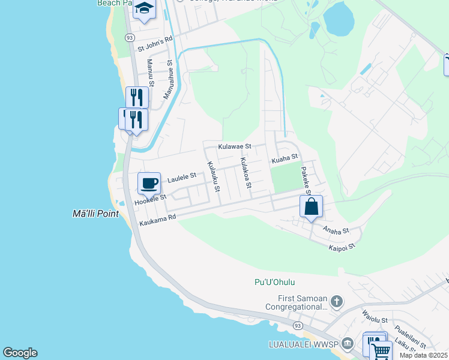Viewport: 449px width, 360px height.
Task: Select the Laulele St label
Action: tap(182, 177)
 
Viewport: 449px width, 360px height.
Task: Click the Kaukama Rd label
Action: tap(157, 221)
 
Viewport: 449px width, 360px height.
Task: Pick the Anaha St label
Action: tap(336, 230)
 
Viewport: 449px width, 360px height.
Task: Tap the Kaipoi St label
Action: tap(343, 246)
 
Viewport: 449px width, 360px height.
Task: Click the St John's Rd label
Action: tap(155, 41)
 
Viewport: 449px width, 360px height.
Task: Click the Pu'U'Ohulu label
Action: tap(275, 282)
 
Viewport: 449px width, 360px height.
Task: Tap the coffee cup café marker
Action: tap(149, 182)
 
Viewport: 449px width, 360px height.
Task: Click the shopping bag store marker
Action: tap(311, 207)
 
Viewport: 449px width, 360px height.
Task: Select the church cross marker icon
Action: tap(336, 301)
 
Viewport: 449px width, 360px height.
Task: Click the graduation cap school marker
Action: tap(143, 10)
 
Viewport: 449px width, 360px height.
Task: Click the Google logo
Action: tap(20, 353)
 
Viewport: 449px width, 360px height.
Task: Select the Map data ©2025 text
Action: tap(423, 355)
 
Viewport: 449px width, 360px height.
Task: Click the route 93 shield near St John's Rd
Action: tap(130, 37)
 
